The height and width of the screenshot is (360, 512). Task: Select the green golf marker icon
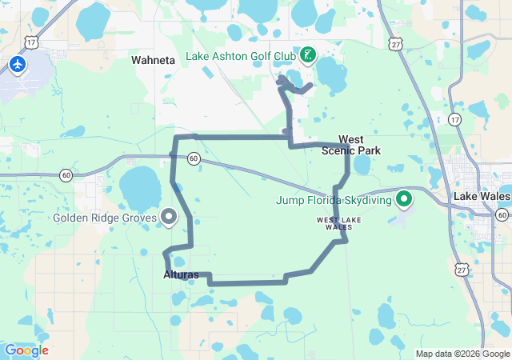307,56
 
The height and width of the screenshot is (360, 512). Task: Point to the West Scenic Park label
350,145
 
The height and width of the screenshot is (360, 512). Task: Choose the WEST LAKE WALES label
334,222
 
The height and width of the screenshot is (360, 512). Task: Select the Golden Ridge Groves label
104,218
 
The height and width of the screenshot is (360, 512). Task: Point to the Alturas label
180,274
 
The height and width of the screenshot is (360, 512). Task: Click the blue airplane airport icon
18,63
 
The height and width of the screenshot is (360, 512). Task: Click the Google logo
26,350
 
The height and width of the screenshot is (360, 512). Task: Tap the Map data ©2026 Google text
462,354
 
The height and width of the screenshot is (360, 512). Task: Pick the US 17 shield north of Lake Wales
454,120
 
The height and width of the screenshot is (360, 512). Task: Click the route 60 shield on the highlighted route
194,159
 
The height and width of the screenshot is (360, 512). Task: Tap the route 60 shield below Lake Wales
502,214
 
